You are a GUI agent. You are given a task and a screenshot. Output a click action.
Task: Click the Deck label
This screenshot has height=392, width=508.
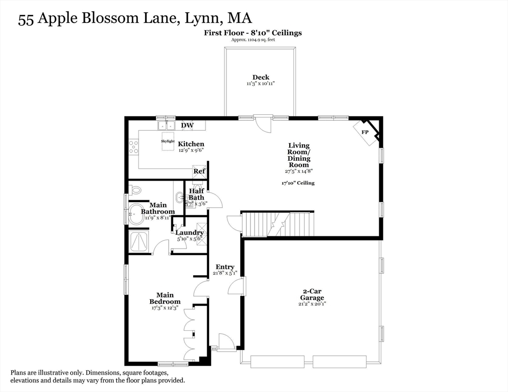point(261,78)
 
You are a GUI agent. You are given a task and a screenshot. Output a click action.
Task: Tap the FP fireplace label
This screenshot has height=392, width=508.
point(365,132)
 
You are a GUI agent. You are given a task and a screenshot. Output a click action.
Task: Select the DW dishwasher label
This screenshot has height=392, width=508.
point(187,125)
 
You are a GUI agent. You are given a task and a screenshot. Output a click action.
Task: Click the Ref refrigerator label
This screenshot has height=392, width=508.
point(199,171)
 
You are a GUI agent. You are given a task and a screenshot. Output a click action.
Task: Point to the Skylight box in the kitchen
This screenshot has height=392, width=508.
point(168,141)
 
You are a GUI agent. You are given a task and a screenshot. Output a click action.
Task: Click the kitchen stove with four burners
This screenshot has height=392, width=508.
point(133,146)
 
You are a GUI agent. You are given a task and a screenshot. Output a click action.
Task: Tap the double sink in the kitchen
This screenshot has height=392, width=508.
point(166,125)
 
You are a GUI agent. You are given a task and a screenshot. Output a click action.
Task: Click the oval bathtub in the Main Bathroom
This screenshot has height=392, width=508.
point(137,214)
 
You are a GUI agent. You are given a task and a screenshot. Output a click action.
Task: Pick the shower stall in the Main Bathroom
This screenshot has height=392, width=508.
point(139,241)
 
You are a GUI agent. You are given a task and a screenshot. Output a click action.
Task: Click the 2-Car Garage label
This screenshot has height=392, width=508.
point(312,294)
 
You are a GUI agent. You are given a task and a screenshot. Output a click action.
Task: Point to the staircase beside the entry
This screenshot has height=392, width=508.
point(279,224)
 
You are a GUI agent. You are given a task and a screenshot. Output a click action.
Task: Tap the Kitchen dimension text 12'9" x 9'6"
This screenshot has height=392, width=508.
point(191,150)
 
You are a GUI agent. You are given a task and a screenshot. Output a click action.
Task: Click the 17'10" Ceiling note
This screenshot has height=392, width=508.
point(298,183)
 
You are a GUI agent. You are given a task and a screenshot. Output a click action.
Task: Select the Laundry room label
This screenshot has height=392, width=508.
point(190,232)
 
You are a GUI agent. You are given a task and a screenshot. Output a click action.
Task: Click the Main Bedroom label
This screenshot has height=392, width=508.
point(165,298)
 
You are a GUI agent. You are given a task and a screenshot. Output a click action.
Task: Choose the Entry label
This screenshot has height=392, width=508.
point(225,267)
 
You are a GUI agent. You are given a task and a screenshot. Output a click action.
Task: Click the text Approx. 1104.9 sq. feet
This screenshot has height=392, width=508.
point(253,40)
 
